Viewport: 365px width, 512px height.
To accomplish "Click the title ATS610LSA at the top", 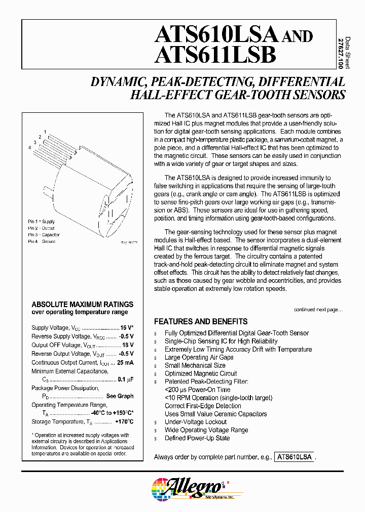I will [216, 35].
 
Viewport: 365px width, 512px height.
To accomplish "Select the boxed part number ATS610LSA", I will [295, 457].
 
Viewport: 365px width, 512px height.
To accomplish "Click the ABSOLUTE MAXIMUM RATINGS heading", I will [83, 304].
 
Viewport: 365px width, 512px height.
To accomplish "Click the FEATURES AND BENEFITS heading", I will [201, 321].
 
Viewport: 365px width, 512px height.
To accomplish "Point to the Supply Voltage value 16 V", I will [126, 328].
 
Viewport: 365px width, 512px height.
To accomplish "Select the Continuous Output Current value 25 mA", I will [125, 362].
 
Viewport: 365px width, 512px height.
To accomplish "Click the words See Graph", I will [120, 396].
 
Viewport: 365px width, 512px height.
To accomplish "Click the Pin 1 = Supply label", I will [42, 222].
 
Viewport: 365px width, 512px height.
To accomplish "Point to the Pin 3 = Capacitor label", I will [44, 235].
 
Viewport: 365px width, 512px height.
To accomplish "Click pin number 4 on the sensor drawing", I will [30, 147].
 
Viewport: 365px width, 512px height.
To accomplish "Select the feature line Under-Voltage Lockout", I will [196, 422].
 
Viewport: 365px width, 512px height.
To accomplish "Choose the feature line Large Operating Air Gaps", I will [199, 357].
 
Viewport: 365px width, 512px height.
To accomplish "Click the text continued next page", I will [318, 309].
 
